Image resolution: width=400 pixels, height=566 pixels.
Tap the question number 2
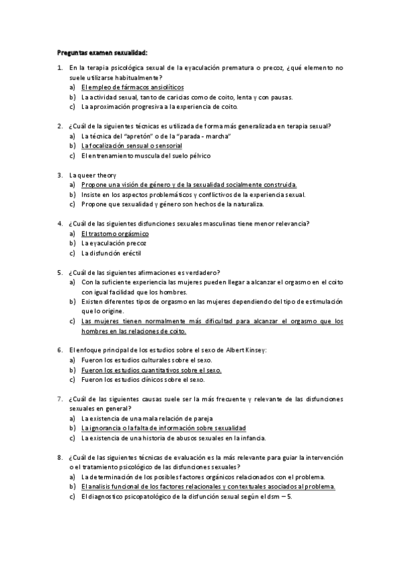pos(60,126)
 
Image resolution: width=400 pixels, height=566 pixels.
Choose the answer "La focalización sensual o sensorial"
pos(132,146)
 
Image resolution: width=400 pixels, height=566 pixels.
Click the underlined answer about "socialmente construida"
pos(189,185)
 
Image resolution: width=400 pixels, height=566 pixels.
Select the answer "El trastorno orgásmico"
pos(115,234)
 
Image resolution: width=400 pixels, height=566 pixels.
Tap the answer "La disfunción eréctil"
pos(111,253)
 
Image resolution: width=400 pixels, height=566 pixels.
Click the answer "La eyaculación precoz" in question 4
pos(114,243)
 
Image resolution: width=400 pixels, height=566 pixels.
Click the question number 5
pos(60,272)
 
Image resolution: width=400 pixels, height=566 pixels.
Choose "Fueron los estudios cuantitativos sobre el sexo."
pos(151,370)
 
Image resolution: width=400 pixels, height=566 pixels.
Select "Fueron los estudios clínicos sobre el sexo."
pos(143,380)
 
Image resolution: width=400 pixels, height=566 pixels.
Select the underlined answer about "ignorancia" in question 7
pos(164,428)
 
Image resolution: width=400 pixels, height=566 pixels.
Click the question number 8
pos(60,457)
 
